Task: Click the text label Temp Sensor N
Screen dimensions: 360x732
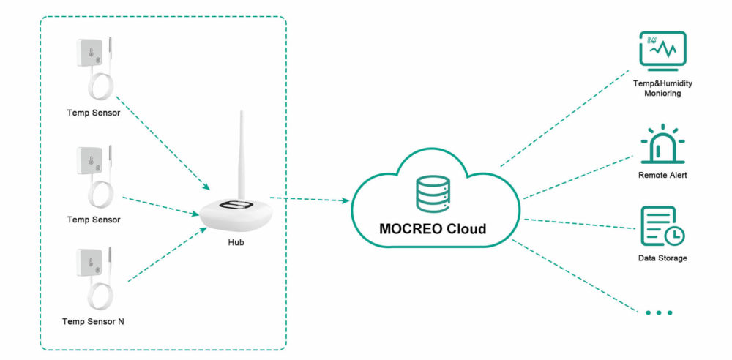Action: (x=93, y=321)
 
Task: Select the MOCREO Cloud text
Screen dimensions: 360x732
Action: (x=432, y=228)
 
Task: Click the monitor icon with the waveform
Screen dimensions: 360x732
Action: (x=662, y=52)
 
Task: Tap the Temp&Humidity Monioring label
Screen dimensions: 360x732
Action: (x=662, y=89)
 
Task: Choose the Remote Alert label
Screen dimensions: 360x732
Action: (x=662, y=176)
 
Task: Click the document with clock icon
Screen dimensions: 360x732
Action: (x=662, y=226)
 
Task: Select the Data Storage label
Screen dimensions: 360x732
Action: (x=662, y=258)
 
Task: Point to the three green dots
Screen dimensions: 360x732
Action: (x=658, y=312)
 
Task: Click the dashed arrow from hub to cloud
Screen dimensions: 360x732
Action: (x=307, y=199)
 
